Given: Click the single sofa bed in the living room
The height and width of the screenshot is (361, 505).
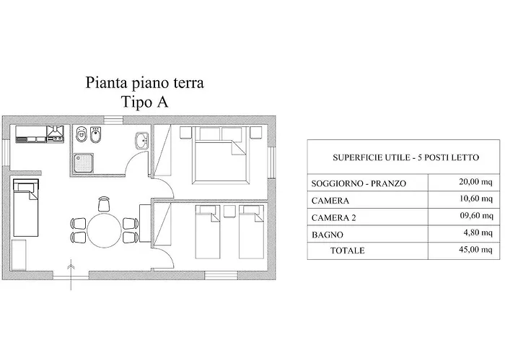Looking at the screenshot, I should pyautogui.click(x=25, y=206).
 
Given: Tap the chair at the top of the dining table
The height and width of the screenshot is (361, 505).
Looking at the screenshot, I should pyautogui.click(x=104, y=204).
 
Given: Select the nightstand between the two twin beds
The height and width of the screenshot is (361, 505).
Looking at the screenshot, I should pyautogui.click(x=230, y=211).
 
